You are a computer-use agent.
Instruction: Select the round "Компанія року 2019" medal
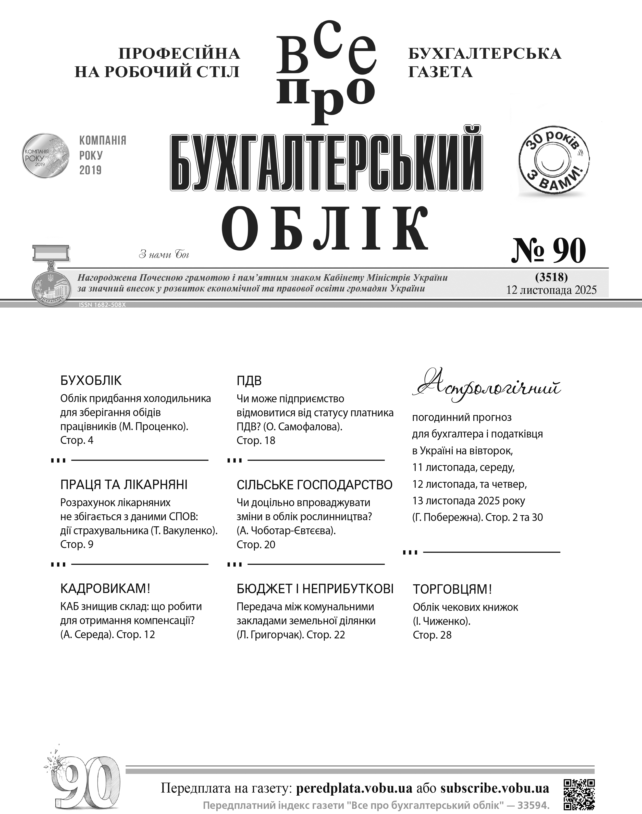pos(46,156)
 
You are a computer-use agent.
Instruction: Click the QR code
pos(579,794)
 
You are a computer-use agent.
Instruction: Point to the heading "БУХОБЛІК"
pos(91,381)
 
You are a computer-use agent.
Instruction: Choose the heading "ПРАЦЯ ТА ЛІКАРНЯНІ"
pos(124,485)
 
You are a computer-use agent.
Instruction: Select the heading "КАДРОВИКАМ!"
pos(105,588)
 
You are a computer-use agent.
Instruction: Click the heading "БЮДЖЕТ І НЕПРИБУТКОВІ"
pos(315,588)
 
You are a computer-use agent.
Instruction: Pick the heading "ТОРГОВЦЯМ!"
pos(452,589)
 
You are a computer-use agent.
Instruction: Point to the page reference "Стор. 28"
pos(432,635)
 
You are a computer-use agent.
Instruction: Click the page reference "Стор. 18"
pos(256,440)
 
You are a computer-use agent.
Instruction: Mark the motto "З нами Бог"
pos(164,254)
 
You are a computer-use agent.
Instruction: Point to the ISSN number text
pos(102,305)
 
